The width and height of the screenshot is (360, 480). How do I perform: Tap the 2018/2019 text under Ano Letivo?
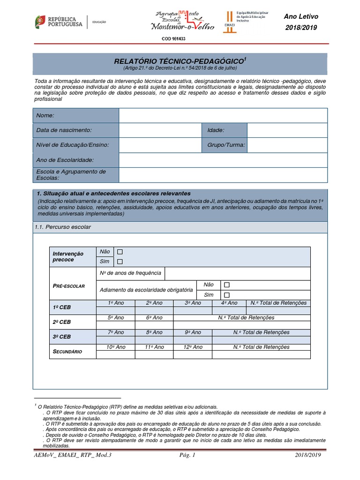click(301, 28)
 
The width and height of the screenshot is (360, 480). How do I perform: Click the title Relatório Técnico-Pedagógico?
click(180, 61)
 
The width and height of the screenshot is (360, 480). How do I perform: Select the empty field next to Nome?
click(223, 115)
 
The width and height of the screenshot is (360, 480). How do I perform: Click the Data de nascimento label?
click(64, 130)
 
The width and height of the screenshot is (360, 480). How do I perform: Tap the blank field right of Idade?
click(287, 130)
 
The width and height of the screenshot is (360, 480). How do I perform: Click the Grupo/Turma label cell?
click(226, 145)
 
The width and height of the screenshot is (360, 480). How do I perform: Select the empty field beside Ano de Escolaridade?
click(223, 160)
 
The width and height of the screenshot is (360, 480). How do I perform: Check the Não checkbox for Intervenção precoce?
click(120, 252)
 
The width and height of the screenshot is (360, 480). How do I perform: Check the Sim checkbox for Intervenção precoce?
click(120, 262)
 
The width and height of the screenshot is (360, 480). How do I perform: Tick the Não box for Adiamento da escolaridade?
click(227, 285)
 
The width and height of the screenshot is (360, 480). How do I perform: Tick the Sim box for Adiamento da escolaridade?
click(227, 295)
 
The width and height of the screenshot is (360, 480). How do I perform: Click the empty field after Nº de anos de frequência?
click(237, 273)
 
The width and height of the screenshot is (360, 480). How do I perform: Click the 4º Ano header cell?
click(229, 303)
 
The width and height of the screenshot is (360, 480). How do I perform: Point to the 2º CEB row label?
click(62, 322)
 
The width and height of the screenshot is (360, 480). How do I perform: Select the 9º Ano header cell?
click(193, 332)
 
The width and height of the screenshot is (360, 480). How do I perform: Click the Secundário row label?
click(67, 351)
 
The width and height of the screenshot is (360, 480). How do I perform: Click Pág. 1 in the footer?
click(187, 455)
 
